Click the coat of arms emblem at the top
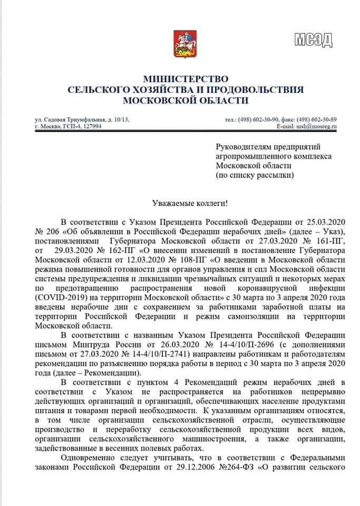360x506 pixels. point(180,44)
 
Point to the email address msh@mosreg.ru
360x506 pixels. point(316,127)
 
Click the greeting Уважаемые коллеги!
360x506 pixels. point(179,203)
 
